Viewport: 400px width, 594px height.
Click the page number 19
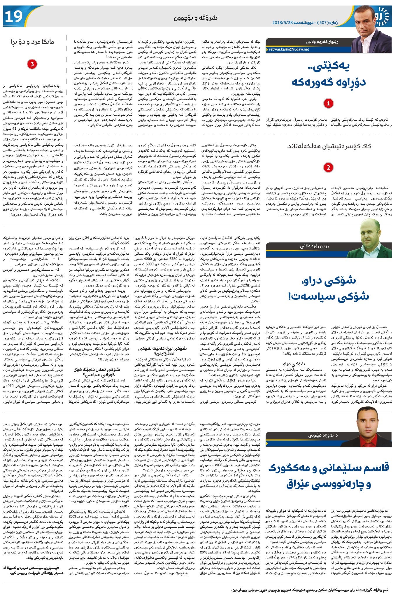pyautogui.click(x=13, y=17)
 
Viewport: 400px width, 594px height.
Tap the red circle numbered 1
pyautogui.click(x=329, y=103)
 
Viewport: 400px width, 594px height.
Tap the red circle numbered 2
pyautogui.click(x=329, y=168)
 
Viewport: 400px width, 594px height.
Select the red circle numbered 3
pyautogui.click(x=32, y=64)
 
